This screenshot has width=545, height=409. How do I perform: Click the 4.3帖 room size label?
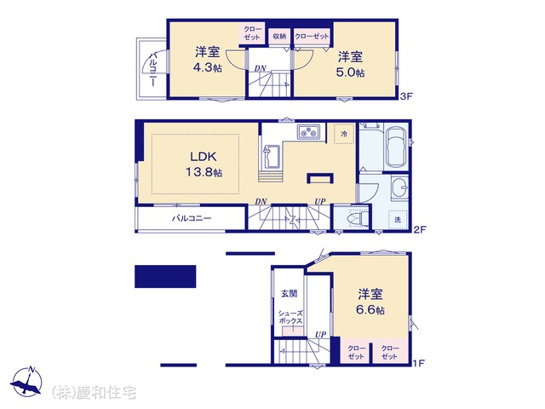(207, 67)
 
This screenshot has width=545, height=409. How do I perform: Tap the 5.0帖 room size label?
(350, 72)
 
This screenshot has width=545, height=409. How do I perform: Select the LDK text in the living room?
(204, 157)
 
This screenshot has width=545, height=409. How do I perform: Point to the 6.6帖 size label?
(370, 310)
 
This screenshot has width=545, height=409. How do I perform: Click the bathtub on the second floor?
(396, 147)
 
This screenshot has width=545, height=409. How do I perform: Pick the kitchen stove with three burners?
(308, 132)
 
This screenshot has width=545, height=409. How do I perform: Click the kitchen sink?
(271, 156)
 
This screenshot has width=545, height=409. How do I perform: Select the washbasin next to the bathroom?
(400, 187)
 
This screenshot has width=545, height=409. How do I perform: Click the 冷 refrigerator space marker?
(344, 134)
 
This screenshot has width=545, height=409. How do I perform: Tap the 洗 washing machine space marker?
(398, 220)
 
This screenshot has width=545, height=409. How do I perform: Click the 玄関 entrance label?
(290, 293)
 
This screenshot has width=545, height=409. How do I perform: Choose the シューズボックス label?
(290, 317)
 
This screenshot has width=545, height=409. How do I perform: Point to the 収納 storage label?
(279, 36)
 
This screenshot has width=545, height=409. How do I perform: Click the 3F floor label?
(405, 96)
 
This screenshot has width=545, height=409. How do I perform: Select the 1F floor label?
(418, 364)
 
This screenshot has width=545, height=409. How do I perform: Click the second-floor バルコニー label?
(192, 218)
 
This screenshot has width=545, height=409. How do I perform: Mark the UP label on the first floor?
(321, 335)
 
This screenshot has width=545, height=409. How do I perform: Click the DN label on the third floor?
(261, 68)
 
